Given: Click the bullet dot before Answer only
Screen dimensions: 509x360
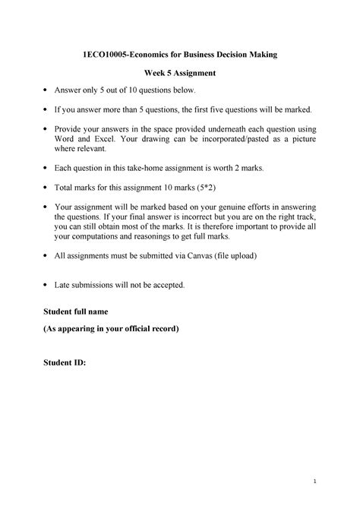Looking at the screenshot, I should click(x=46, y=90).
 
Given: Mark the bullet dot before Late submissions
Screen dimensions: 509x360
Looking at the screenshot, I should click(x=46, y=286).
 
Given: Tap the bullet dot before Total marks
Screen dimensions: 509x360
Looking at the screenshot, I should click(x=46, y=187).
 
